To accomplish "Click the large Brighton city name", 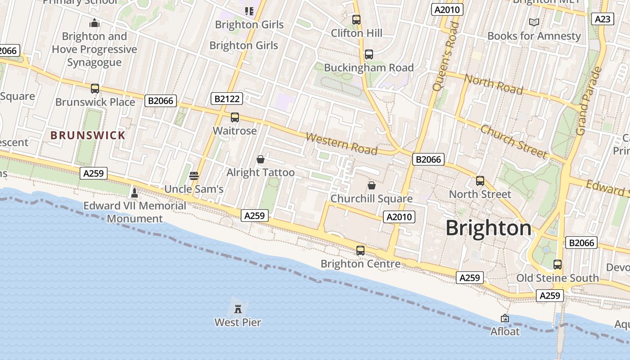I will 489,228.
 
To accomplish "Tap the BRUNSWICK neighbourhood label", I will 88,135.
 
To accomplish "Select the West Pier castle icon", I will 238,309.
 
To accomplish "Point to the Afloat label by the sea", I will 505,332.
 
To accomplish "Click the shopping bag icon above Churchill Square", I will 372,185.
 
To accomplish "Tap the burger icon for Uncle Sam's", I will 194,175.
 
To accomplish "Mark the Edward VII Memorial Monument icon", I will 134,193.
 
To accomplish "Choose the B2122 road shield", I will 227,99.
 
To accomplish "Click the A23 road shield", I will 603,19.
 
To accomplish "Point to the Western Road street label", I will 342,144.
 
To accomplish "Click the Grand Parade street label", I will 589,101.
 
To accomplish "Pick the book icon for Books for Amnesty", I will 534,22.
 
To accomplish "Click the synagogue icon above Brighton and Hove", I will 94,22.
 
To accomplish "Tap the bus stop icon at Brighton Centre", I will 360,251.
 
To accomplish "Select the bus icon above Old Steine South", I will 558,265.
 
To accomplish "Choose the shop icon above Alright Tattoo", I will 260,159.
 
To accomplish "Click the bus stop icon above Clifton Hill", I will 356,20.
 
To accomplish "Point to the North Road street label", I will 493,84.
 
